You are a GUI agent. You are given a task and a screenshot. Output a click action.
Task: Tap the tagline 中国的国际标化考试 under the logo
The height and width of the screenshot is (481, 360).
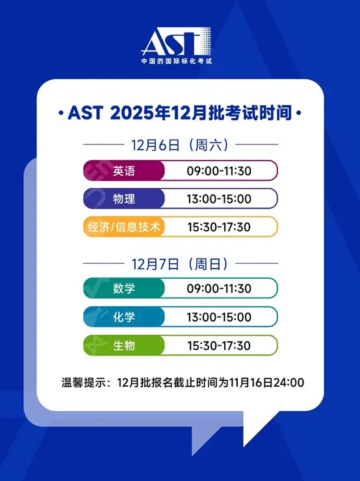tap(177, 62)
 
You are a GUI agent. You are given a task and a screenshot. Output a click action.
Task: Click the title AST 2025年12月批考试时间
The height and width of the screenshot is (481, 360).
tap(181, 114)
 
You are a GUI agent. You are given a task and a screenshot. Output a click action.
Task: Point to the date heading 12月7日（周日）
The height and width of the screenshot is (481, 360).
tap(180, 264)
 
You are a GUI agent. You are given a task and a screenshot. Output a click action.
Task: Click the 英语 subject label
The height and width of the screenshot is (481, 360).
tap(124, 171)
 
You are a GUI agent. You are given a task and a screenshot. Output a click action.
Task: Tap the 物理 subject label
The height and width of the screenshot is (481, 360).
tap(124, 198)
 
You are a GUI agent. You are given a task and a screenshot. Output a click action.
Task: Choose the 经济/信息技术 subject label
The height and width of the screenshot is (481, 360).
tap(124, 226)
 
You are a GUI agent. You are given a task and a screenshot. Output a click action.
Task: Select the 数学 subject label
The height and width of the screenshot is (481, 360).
tap(124, 288)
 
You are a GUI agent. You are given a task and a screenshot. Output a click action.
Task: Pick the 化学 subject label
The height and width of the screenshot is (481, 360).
tap(124, 317)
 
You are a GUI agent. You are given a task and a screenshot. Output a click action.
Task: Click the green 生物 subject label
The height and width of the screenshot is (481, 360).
tap(124, 345)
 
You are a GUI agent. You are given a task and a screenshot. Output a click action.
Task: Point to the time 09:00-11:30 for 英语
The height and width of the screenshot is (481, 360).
tap(218, 171)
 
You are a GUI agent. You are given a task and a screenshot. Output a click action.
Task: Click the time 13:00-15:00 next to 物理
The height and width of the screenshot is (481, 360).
tap(218, 199)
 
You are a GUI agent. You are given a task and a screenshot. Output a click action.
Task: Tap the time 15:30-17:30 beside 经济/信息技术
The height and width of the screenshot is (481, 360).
tap(218, 227)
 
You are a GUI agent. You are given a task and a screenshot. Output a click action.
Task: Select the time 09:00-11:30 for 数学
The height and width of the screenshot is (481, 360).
tap(218, 289)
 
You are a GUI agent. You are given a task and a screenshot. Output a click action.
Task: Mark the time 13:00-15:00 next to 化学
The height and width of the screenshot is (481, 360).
tap(218, 317)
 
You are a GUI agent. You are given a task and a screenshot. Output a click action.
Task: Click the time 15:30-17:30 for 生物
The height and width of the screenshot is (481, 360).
tap(218, 345)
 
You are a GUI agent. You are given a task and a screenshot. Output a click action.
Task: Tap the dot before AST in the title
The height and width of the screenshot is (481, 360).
tap(60, 114)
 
